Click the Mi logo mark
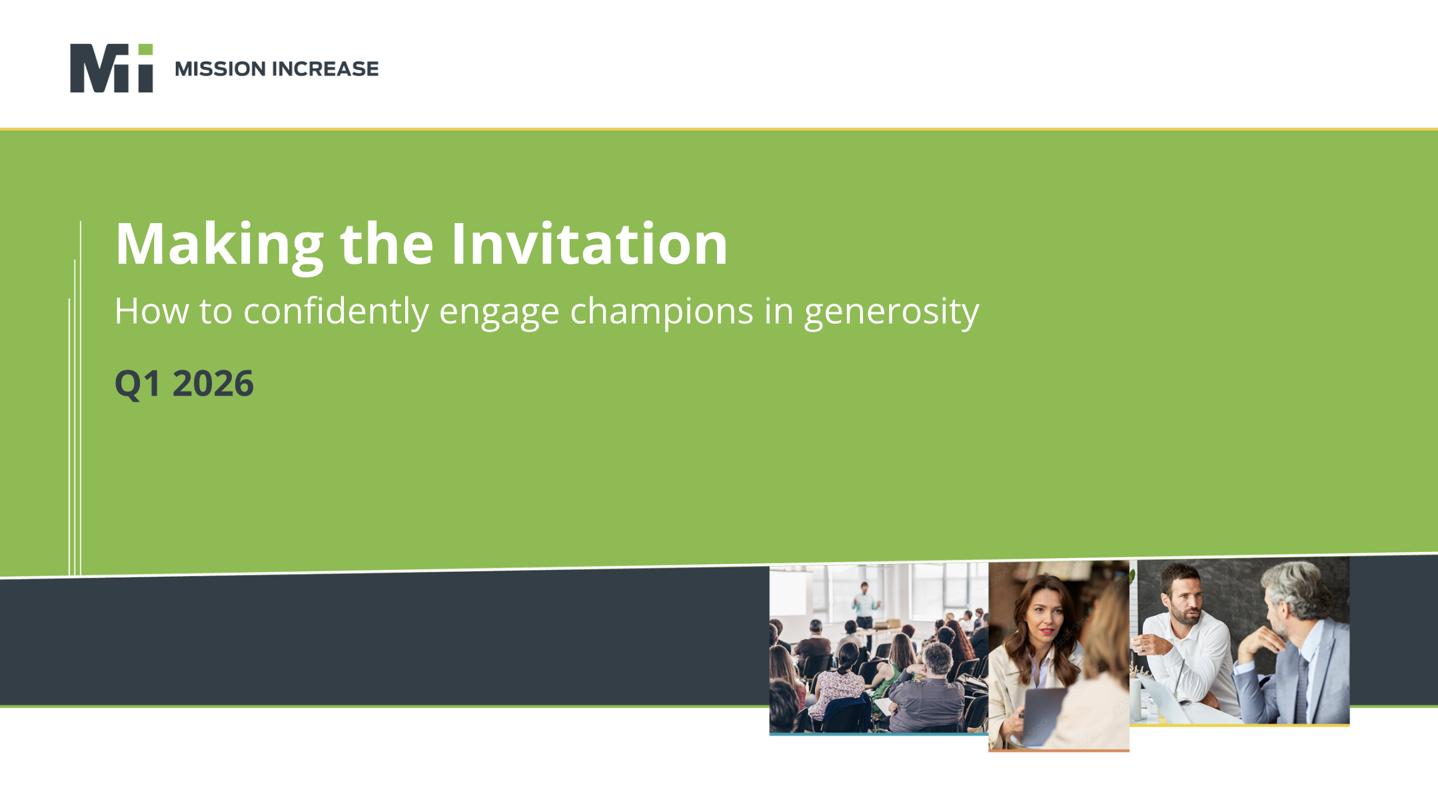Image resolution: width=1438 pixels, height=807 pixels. click(111, 68)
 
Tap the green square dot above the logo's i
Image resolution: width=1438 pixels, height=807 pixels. click(145, 50)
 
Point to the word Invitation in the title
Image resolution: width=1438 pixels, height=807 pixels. click(589, 244)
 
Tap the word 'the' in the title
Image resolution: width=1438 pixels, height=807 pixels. click(386, 244)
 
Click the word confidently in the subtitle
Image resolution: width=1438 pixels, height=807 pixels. click(336, 311)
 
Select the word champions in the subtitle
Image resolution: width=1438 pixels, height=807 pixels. click(661, 311)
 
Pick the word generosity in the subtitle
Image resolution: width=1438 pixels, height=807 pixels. click(892, 311)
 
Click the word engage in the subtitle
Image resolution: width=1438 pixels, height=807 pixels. click(498, 311)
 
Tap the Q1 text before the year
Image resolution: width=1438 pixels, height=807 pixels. click(138, 384)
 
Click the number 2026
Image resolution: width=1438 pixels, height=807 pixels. click(213, 384)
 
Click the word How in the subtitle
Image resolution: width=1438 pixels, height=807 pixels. click(151, 311)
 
